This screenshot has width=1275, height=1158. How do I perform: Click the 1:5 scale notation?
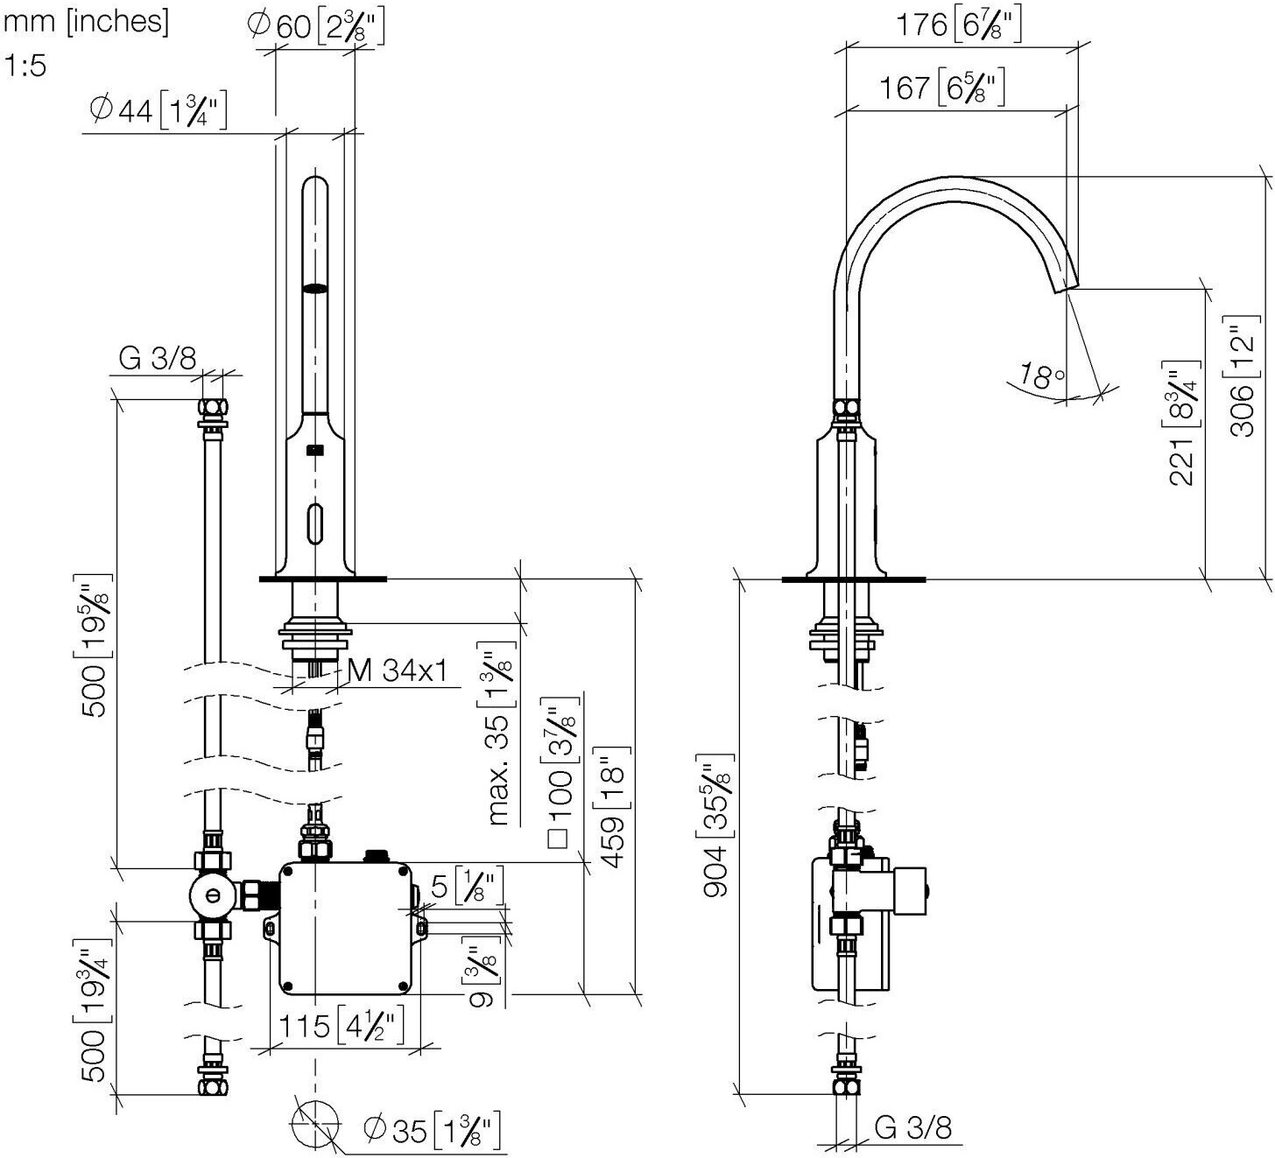coord(25,66)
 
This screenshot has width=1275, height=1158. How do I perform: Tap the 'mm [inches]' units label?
coord(87,22)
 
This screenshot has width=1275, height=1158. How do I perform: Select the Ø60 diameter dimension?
coord(316,27)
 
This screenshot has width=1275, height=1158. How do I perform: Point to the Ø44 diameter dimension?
coord(158,111)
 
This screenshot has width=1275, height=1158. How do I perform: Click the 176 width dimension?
coord(959,25)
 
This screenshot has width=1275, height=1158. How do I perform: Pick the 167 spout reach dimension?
coord(942,87)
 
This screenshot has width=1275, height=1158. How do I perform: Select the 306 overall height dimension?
coord(1243,376)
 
